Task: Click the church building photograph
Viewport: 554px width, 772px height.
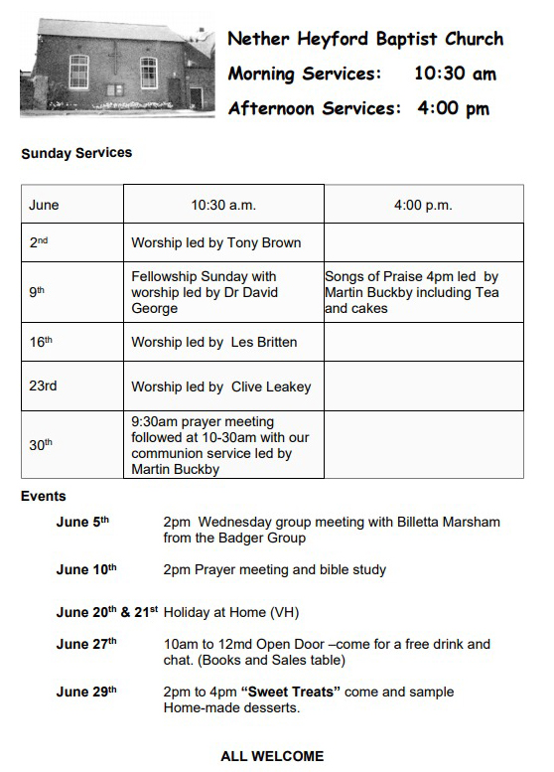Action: tap(117, 67)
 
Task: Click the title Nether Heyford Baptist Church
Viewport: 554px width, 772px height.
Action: tap(365, 40)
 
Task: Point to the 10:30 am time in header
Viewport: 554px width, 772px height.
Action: tap(455, 74)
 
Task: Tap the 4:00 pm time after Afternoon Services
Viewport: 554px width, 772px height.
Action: tap(454, 108)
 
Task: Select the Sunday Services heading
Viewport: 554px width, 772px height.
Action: tap(76, 153)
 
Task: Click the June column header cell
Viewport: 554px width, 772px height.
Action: tap(44, 206)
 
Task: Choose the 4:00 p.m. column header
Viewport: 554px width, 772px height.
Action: tap(423, 206)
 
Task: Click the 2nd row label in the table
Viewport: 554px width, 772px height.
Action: tap(38, 242)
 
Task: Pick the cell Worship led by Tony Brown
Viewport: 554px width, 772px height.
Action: tap(215, 242)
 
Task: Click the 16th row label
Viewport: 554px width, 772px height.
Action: tap(41, 342)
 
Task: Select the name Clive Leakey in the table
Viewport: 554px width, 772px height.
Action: tap(271, 386)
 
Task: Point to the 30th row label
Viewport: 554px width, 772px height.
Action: tap(41, 445)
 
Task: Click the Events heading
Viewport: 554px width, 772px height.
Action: tap(44, 497)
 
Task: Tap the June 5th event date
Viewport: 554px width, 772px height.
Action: tap(82, 522)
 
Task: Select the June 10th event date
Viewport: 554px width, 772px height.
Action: tap(86, 569)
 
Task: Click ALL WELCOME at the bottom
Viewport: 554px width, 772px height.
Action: tap(272, 756)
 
